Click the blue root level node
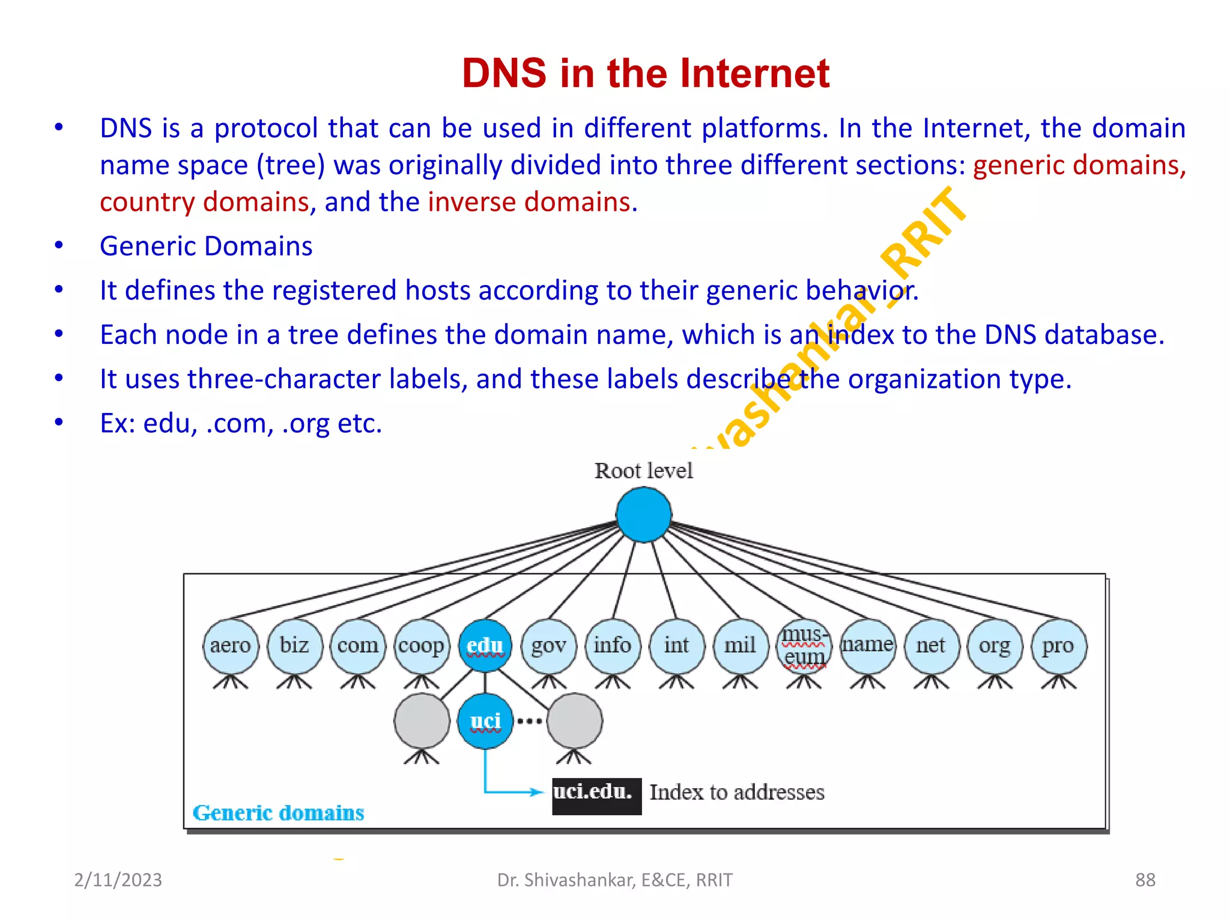click(x=643, y=514)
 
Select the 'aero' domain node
click(x=231, y=646)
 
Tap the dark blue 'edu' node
click(x=485, y=646)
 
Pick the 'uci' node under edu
click(x=485, y=721)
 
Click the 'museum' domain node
click(x=804, y=646)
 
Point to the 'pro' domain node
click(x=1058, y=646)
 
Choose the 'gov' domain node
click(x=549, y=646)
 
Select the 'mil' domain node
click(x=741, y=646)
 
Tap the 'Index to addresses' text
click(x=737, y=792)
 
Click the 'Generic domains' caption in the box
click(x=278, y=813)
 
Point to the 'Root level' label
click(x=643, y=471)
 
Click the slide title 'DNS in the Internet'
click(x=646, y=73)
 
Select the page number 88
click(x=1145, y=879)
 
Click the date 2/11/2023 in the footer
click(x=118, y=879)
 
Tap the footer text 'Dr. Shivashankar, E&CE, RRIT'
click(x=614, y=879)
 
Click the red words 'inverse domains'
click(x=531, y=202)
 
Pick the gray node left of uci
click(x=422, y=721)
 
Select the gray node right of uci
click(x=575, y=721)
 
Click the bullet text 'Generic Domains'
click(x=206, y=246)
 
